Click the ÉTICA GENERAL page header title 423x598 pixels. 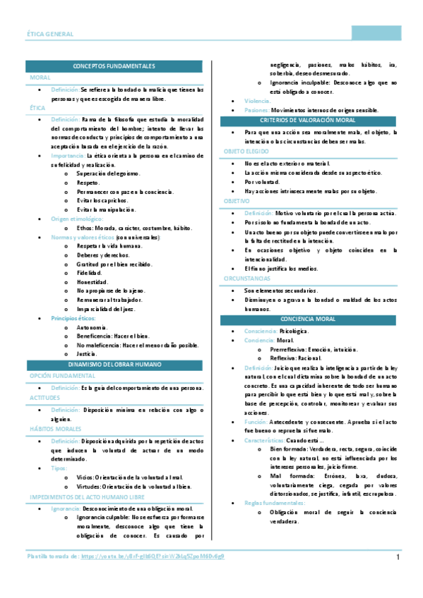tap(49, 34)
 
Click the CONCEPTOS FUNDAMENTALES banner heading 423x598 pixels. tap(114, 66)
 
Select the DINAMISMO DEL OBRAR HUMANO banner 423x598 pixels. tap(114, 365)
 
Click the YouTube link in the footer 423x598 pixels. tap(153, 557)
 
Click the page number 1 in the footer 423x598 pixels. tap(398, 558)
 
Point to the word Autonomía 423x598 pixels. tap(92, 327)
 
